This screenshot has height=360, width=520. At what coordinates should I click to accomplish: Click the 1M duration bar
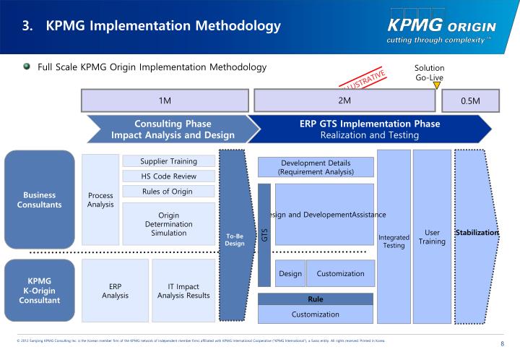coord(165,100)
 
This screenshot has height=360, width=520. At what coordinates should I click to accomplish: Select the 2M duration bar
coord(344,100)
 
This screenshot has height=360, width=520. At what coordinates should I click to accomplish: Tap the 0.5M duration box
coord(470,100)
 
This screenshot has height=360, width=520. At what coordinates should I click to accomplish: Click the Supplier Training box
coord(168,160)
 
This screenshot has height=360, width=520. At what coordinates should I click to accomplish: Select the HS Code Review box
coord(168,176)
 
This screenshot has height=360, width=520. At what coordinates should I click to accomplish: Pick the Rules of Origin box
coord(168,192)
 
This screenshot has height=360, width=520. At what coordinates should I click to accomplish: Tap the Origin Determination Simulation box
coord(168,223)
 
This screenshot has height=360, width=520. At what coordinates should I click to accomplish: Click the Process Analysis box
coord(100,200)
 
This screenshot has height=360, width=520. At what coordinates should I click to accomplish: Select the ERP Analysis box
coord(115,290)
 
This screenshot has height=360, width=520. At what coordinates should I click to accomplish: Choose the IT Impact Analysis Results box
coord(183,290)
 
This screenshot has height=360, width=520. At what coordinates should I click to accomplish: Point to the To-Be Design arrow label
coord(235,239)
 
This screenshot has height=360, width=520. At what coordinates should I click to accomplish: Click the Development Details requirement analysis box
coord(316,167)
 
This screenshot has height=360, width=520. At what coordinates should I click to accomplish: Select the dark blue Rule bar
coord(316,299)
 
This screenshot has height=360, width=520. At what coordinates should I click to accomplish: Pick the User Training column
coord(432,236)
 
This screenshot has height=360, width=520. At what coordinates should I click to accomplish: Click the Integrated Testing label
coord(394,241)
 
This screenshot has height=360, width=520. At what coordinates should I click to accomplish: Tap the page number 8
coord(501,343)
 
